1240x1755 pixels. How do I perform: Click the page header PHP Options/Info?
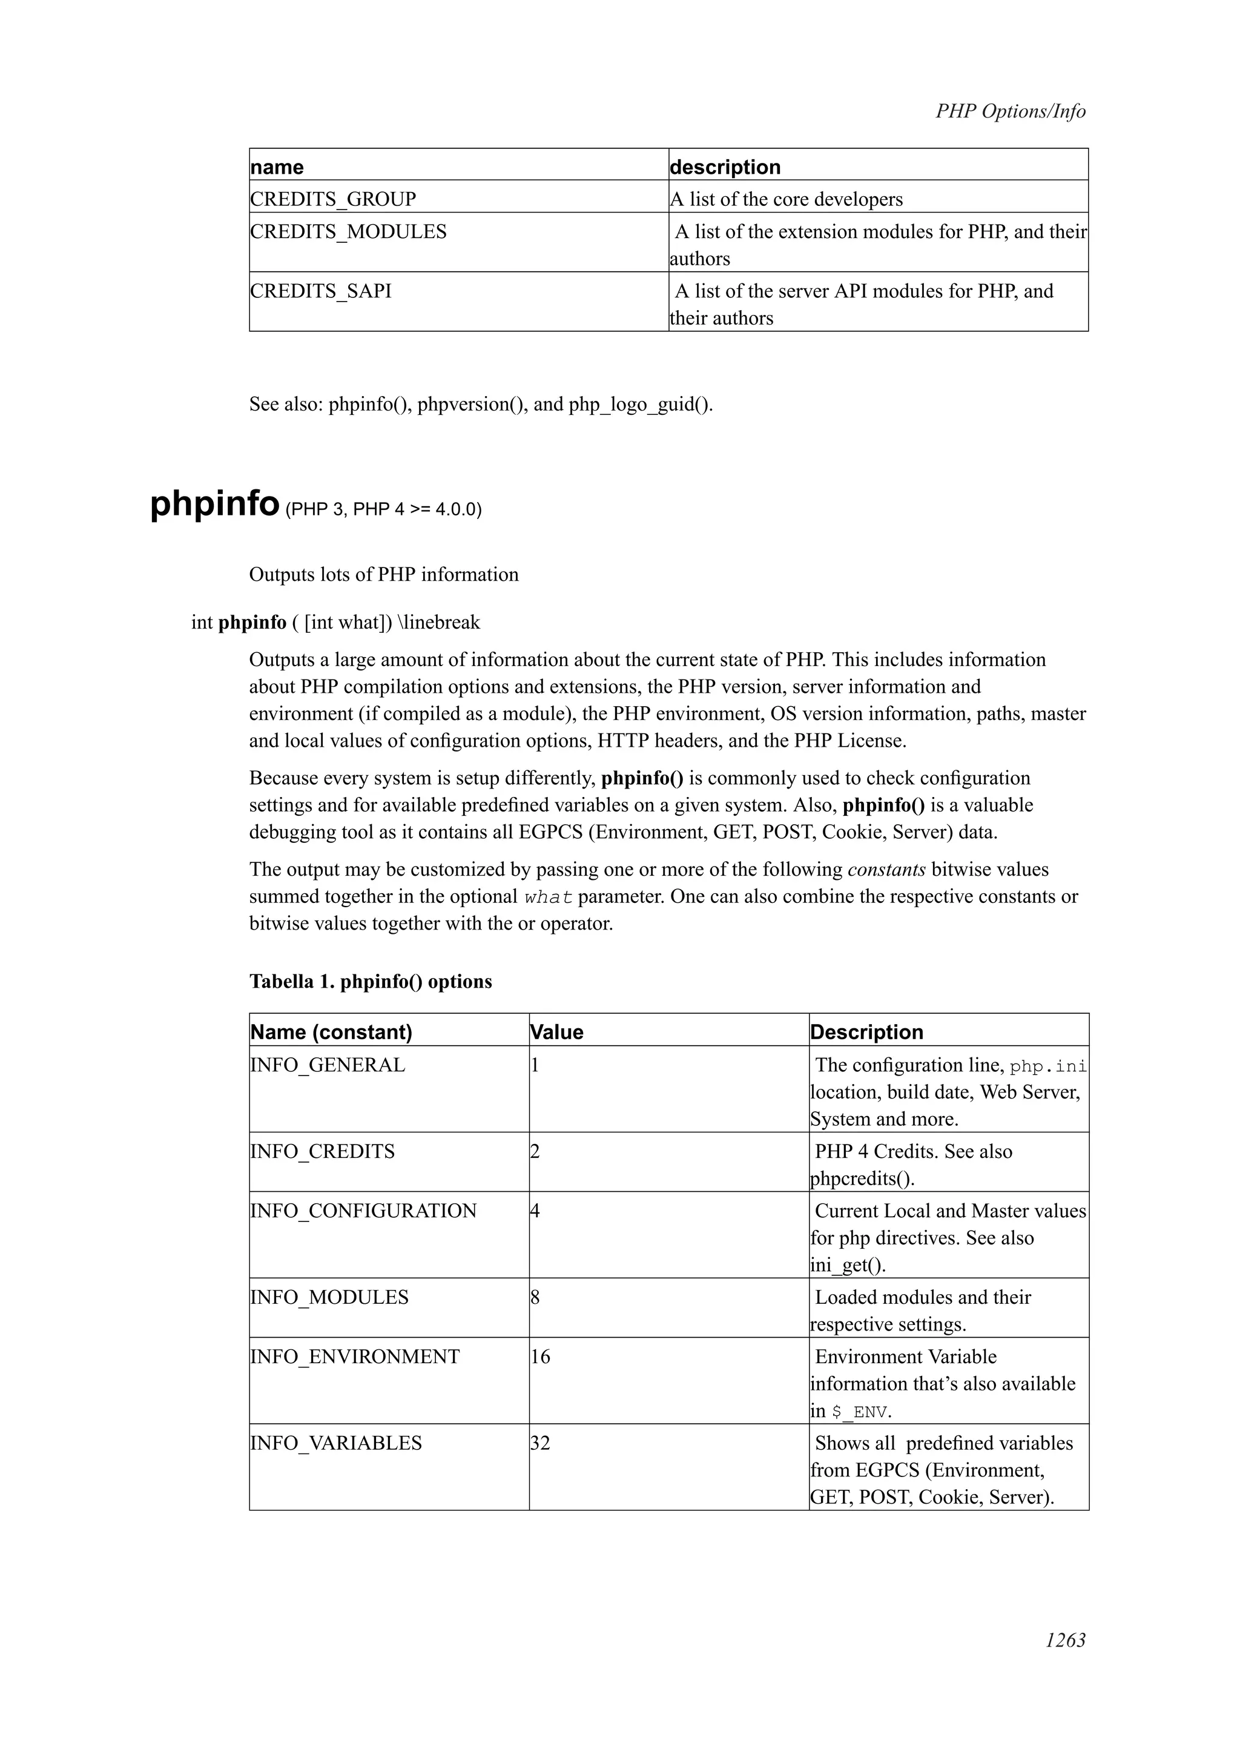point(1010,111)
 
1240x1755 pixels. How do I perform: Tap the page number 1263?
point(1065,1639)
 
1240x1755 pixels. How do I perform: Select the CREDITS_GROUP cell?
point(333,199)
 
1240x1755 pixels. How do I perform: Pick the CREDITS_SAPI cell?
point(321,291)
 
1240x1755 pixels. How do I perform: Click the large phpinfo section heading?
point(215,504)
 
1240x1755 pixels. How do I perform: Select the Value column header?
point(557,1032)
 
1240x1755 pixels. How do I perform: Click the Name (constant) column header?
point(332,1032)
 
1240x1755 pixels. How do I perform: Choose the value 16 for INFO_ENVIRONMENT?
point(540,1357)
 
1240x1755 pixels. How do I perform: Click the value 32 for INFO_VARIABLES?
point(540,1443)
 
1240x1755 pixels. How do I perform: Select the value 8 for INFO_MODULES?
point(536,1297)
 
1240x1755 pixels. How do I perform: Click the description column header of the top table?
point(725,167)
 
